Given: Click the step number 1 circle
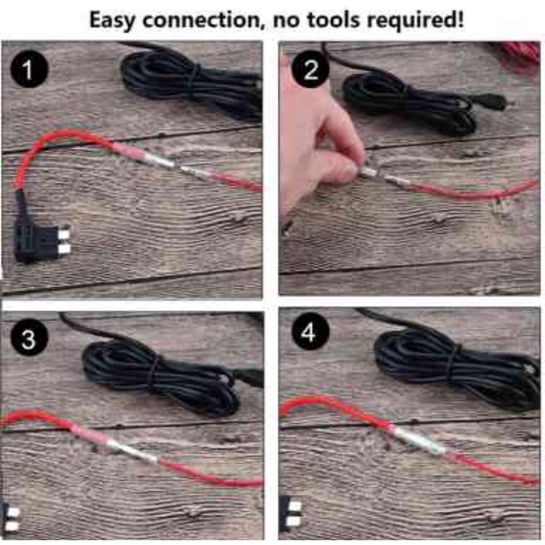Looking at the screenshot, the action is pos(29,69).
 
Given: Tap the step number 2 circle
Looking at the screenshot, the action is pos(310,69).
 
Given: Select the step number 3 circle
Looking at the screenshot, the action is pos(29,338).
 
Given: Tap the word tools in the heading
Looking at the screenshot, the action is pos(333,20).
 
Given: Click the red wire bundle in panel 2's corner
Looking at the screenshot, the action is pos(519,55).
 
